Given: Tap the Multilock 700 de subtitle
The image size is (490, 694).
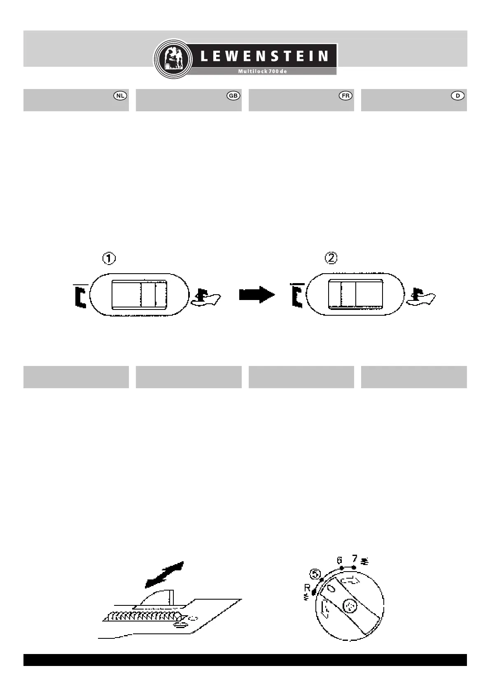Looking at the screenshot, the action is pos(262,71).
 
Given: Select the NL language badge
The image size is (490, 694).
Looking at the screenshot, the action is pos(120,96).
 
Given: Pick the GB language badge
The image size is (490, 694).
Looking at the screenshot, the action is pos(233,96).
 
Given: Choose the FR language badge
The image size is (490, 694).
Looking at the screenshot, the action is pos(345,96).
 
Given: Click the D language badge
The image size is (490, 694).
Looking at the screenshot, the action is pos(458,96).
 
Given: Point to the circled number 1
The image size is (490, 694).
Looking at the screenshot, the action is pos(109,259).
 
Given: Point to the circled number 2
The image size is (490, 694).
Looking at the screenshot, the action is pos(331,258).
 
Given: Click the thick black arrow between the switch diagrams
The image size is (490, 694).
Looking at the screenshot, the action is pos(257,295).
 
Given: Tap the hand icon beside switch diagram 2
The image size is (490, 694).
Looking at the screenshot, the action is pos(421,297).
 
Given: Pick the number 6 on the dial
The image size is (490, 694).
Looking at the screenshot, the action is pos(340,560).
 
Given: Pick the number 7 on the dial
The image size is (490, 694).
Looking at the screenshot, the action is pos(354,559).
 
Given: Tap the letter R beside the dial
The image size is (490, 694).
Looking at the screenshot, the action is pos(307,587).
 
